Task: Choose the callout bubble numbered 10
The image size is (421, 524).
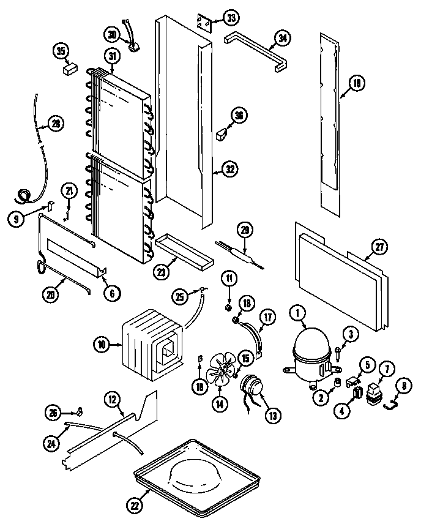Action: pos(102,345)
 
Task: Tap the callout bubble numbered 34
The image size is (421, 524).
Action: pos(282,39)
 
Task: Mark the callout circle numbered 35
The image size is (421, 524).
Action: pos(61,51)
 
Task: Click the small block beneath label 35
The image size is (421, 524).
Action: pos(69,69)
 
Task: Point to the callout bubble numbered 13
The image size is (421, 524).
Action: pos(272,415)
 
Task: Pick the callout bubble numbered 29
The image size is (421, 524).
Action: pos(245,231)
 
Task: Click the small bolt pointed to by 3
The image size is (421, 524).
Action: pos(337,352)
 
